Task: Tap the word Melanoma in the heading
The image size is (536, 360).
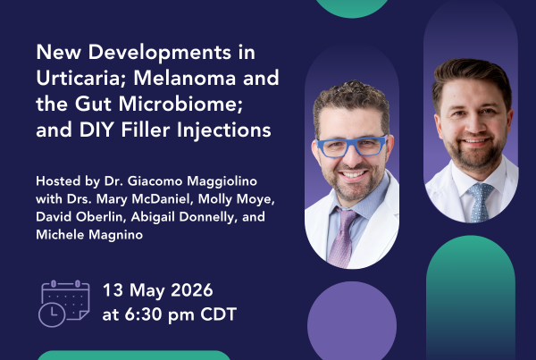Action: (185, 78)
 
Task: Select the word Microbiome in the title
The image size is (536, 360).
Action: (180, 104)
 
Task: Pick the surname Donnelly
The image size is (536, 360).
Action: (208, 217)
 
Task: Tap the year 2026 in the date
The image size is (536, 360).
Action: (192, 290)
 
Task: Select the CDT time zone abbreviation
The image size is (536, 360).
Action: (219, 314)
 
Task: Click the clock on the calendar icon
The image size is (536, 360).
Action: (52, 314)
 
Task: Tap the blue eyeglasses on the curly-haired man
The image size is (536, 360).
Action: (351, 146)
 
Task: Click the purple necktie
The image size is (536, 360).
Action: (343, 238)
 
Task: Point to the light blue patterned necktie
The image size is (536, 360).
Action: (481, 203)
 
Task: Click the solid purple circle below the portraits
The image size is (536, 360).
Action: (352, 321)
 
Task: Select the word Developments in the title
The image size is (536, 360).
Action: (160, 53)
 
